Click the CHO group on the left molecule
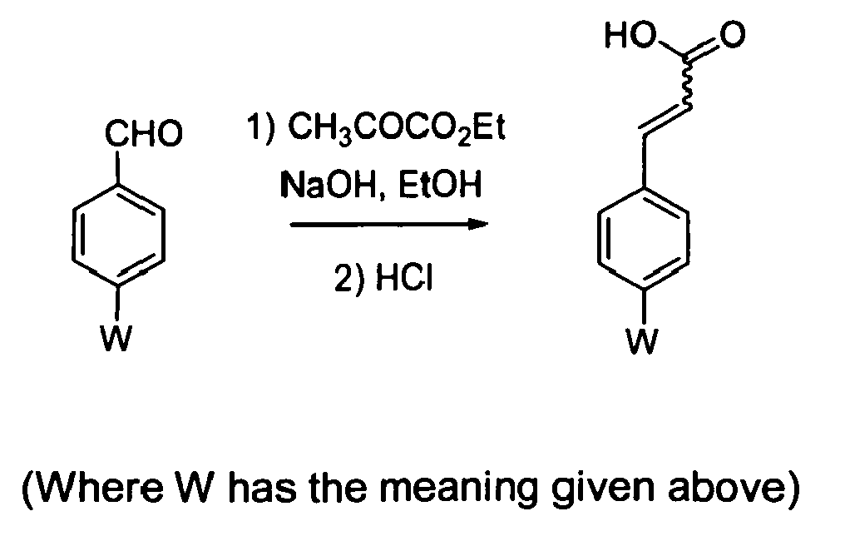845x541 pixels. coord(144,134)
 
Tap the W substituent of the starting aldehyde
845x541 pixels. coord(116,338)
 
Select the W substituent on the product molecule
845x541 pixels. coord(642,341)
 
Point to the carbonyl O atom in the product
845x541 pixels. coord(732,35)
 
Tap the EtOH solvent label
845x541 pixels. coord(438,185)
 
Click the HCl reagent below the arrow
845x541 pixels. coord(404,279)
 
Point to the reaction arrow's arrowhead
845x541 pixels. coord(477,224)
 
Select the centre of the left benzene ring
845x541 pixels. coord(118,236)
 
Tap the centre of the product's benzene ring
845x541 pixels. coord(644,238)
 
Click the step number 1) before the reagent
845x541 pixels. coord(261,128)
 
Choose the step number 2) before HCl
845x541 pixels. coord(349,280)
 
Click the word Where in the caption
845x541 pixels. coord(97,487)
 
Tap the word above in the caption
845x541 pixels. coord(725,487)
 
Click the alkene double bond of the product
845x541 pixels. coord(665,120)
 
